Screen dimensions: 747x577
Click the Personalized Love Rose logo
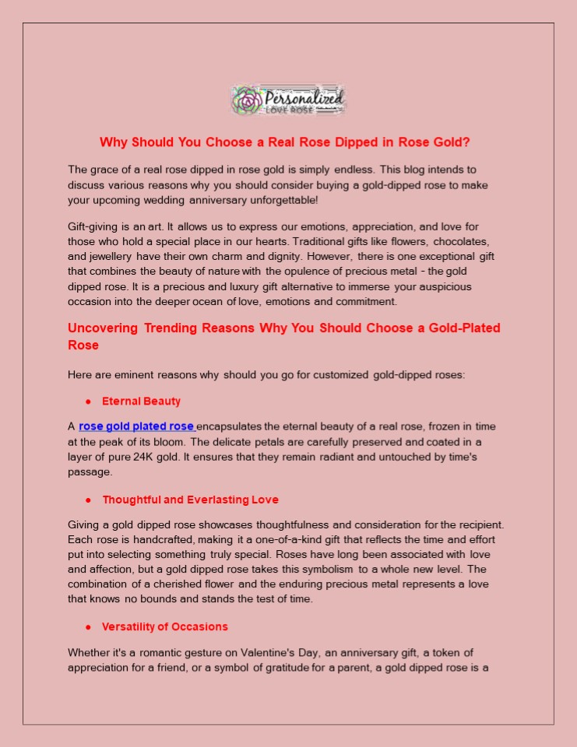288,100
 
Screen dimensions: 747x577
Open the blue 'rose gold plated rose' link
136,426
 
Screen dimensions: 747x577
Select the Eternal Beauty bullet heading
141,402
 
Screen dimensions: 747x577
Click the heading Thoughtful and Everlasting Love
190,500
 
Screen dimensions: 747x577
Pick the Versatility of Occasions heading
164,626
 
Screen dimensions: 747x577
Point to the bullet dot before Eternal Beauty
89,402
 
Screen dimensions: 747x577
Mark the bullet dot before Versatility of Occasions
89,626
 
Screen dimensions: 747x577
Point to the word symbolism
321,569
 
